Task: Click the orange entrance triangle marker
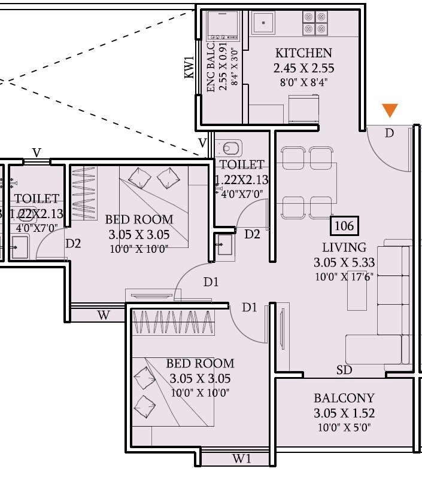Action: pyautogui.click(x=390, y=111)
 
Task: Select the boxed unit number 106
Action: pyautogui.click(x=344, y=226)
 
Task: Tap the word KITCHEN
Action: pyautogui.click(x=303, y=53)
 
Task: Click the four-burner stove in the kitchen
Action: pyautogui.click(x=315, y=23)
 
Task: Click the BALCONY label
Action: pyautogui.click(x=344, y=398)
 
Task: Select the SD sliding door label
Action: pyautogui.click(x=344, y=370)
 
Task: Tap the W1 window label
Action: pyautogui.click(x=241, y=459)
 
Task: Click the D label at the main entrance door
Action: pyautogui.click(x=390, y=133)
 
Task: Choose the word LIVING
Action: pyautogui.click(x=344, y=247)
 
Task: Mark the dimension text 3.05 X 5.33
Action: pyautogui.click(x=344, y=262)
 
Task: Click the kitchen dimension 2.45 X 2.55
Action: pyautogui.click(x=303, y=68)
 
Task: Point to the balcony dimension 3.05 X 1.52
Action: pyautogui.click(x=344, y=413)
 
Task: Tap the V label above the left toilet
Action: pyautogui.click(x=37, y=153)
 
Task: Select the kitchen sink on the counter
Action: pyautogui.click(x=263, y=24)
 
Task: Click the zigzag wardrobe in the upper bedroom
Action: pyautogui.click(x=83, y=193)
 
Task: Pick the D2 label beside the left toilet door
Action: pyautogui.click(x=73, y=243)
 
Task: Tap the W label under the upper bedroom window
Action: pyautogui.click(x=104, y=315)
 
